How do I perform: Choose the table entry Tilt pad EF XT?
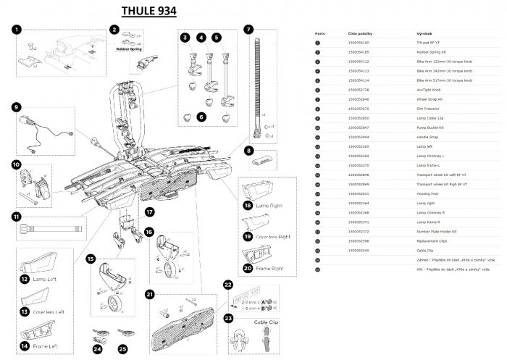(427, 43)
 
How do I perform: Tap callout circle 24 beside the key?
(97, 348)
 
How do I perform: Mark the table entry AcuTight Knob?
(428, 89)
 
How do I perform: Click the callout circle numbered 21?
(150, 294)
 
